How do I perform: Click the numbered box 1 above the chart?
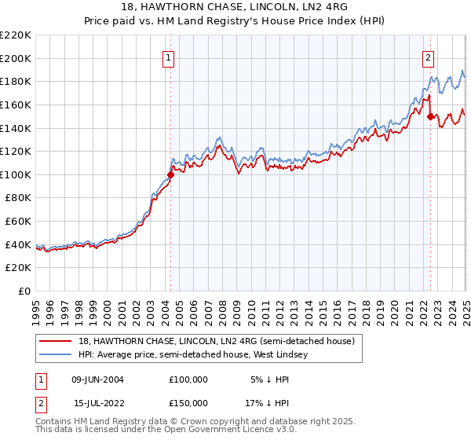point(170,57)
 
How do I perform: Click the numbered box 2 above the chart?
point(429,57)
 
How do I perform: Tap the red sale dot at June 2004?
point(171,174)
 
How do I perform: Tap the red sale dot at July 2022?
point(430,116)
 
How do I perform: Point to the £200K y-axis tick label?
point(16,58)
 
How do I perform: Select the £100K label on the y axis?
point(16,174)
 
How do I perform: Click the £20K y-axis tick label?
point(19,268)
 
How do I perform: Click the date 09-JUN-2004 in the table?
point(97,379)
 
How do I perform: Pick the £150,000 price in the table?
point(188,402)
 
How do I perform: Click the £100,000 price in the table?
point(188,379)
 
